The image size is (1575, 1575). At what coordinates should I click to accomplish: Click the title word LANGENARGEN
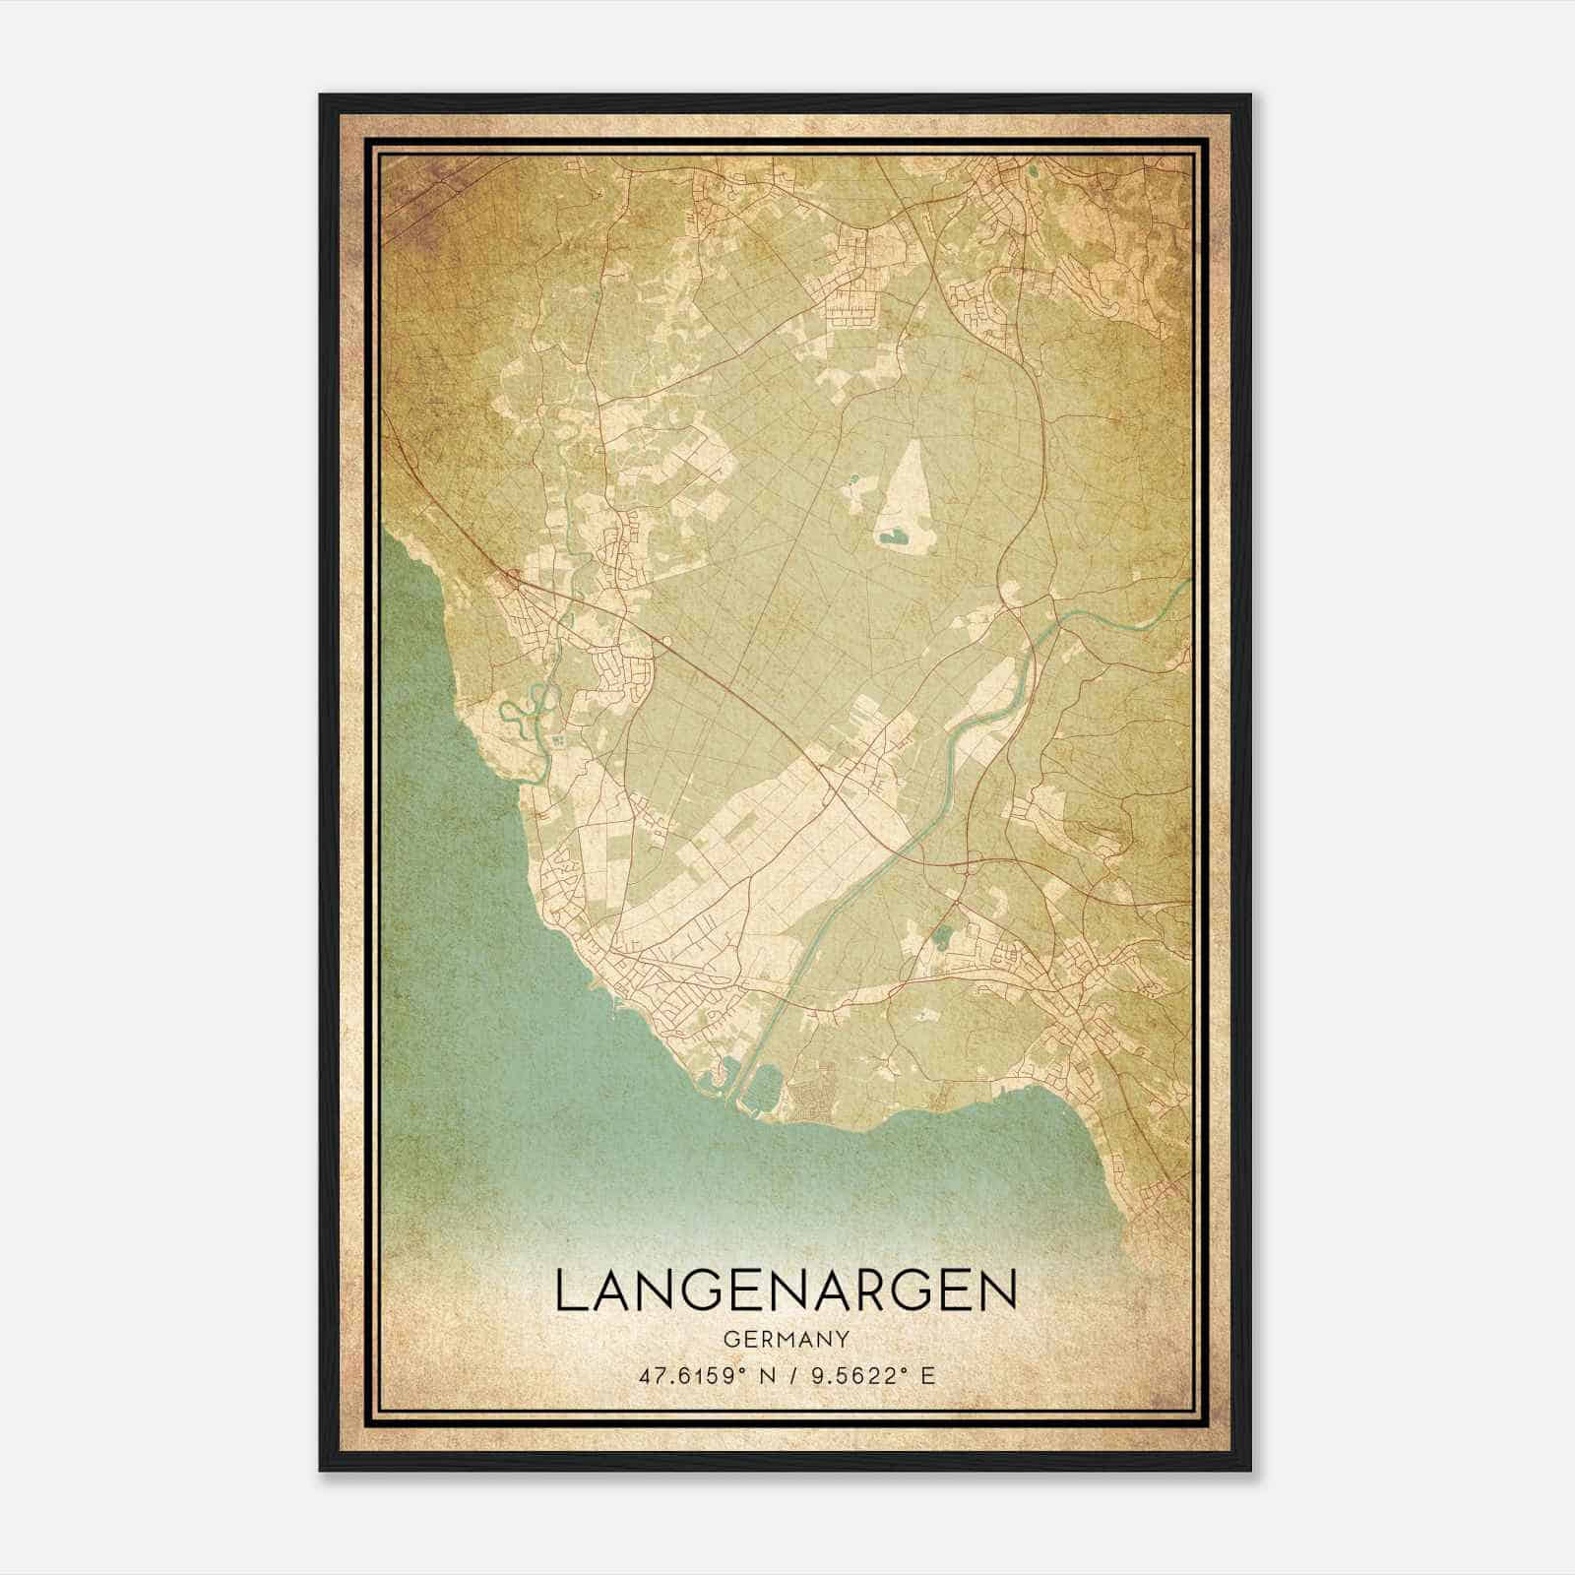pyautogui.click(x=786, y=1291)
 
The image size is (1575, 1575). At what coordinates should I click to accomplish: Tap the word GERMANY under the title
pyautogui.click(x=786, y=1339)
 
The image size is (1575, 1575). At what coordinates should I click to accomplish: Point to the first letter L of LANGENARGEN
pyautogui.click(x=567, y=1291)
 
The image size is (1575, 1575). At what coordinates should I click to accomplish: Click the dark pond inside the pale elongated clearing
pyautogui.click(x=894, y=537)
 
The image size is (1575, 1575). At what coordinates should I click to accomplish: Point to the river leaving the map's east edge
pyautogui.click(x=1181, y=589)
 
